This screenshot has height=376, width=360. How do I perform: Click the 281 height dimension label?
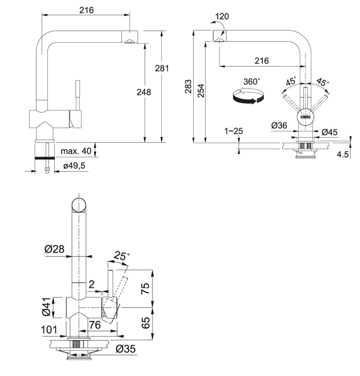(x=162, y=68)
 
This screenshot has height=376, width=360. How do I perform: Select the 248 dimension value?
(x=144, y=92)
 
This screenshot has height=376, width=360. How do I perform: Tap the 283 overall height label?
(x=188, y=86)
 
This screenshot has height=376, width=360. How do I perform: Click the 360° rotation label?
(x=251, y=82)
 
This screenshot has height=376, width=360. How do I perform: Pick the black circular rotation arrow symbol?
(x=248, y=96)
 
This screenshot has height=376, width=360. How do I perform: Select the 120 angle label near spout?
(x=222, y=16)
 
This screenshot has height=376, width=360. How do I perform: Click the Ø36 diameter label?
(x=279, y=126)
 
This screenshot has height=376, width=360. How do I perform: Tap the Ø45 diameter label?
(x=329, y=132)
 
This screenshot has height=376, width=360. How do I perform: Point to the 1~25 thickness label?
(x=234, y=131)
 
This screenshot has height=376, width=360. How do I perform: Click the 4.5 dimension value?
(x=343, y=155)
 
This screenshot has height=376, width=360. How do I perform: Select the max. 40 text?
(x=76, y=151)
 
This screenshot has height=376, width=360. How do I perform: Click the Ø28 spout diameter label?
(x=54, y=249)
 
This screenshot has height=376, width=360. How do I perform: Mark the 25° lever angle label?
(x=121, y=256)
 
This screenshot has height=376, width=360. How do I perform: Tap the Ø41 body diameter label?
(x=46, y=307)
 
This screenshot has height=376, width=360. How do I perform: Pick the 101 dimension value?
(x=49, y=330)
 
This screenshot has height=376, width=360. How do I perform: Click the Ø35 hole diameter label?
(x=126, y=349)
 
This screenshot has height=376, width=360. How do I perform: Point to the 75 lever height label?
(x=145, y=289)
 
